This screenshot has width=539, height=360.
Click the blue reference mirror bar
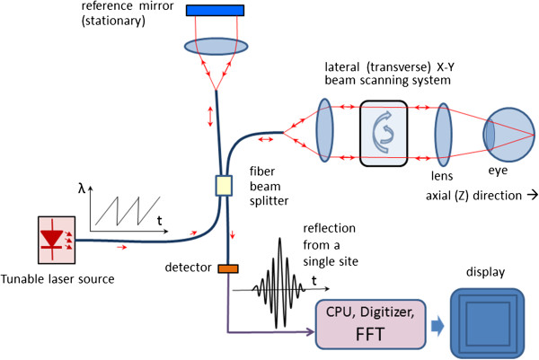pyautogui.click(x=216, y=10)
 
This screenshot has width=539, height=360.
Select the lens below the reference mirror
pyautogui.click(x=216, y=44)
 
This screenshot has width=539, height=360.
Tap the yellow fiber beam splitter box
pyautogui.click(x=223, y=186)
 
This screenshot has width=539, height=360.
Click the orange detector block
pyautogui.click(x=227, y=267)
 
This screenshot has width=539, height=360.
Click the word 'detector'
pyautogui.click(x=189, y=268)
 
